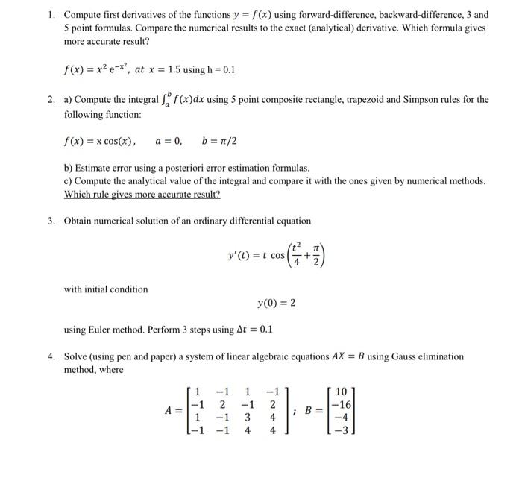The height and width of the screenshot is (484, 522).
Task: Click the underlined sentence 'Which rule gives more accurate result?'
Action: pyautogui.click(x=142, y=194)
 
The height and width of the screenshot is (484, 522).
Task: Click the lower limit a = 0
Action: pyautogui.click(x=170, y=142)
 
